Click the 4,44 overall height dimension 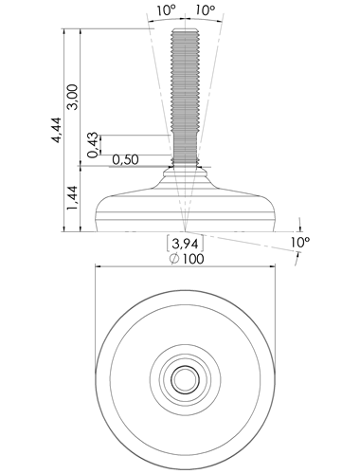[57, 130]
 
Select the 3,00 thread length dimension [73, 97]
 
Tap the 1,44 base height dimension [73, 198]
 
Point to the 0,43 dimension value [93, 145]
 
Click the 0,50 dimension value [125, 160]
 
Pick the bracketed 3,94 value [185, 244]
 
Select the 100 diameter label [193, 259]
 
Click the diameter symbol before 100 [174, 259]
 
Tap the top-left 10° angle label [166, 10]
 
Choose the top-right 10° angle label [206, 10]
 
